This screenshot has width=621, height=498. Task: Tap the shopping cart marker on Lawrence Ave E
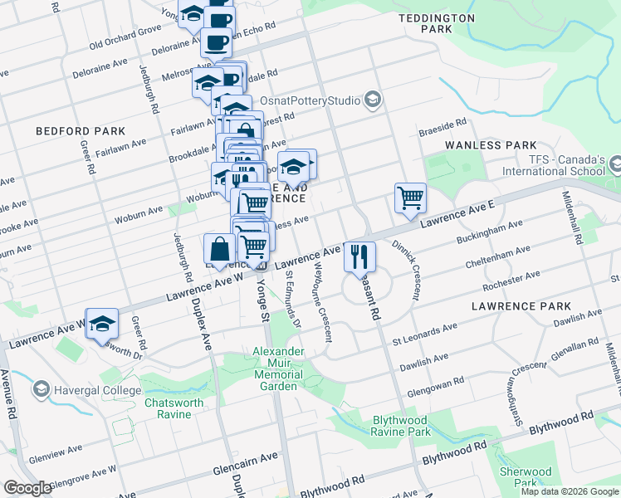coord(410,198)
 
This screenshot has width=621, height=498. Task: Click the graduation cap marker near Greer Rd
coord(102,324)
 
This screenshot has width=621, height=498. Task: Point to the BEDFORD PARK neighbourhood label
coord(81,131)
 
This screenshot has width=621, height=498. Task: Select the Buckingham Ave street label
coord(489,232)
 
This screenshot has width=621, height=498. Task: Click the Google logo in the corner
coord(27,488)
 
